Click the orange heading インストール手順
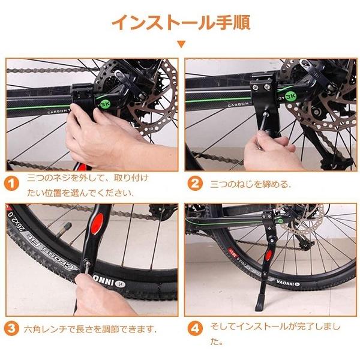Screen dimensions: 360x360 pyautogui.click(x=181, y=22)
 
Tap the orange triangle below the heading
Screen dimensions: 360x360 pyautogui.click(x=181, y=44)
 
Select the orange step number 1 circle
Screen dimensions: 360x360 pyautogui.click(x=11, y=183)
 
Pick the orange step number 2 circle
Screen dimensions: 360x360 pyautogui.click(x=195, y=183)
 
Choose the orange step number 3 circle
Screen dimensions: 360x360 pyautogui.click(x=11, y=328)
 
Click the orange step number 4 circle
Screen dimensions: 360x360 pyautogui.click(x=195, y=328)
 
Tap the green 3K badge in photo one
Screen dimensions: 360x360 pyautogui.click(x=106, y=104)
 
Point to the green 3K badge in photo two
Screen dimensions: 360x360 pyautogui.click(x=290, y=97)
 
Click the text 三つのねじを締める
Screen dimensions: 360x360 pyautogui.click(x=250, y=184)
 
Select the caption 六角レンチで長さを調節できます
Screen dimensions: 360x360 pyautogui.click(x=91, y=329)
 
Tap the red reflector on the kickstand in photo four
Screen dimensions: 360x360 pyautogui.click(x=268, y=256)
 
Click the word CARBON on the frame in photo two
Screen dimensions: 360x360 pyautogui.click(x=238, y=104)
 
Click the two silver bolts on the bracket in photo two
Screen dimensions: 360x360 pyautogui.click(x=260, y=87)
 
